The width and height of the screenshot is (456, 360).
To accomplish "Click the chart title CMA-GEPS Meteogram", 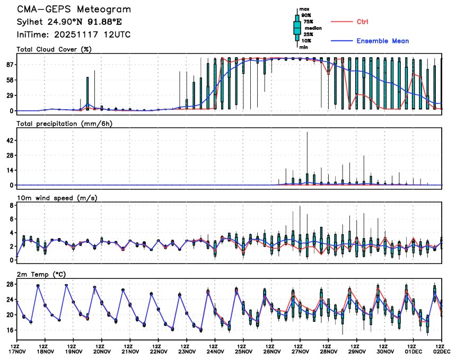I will (x=74, y=10).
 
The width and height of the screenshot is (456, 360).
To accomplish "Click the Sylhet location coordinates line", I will (x=73, y=22).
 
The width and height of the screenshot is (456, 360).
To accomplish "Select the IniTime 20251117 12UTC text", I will (x=74, y=34).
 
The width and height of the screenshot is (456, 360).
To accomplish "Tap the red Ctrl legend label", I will (x=362, y=22).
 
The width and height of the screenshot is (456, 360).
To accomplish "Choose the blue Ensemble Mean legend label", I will (x=382, y=41).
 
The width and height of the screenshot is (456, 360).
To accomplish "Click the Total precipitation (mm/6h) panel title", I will (x=63, y=124).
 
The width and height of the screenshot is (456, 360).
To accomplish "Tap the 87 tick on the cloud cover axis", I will (x=10, y=65).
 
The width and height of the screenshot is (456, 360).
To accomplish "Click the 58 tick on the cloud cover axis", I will (x=10, y=80).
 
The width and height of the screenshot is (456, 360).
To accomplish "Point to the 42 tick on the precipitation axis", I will (x=10, y=140).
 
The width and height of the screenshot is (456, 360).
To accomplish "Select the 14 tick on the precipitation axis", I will (x=10, y=170).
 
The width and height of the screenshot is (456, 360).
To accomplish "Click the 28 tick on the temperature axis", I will (x=10, y=284).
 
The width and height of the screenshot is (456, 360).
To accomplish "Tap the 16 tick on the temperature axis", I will (x=10, y=330).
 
